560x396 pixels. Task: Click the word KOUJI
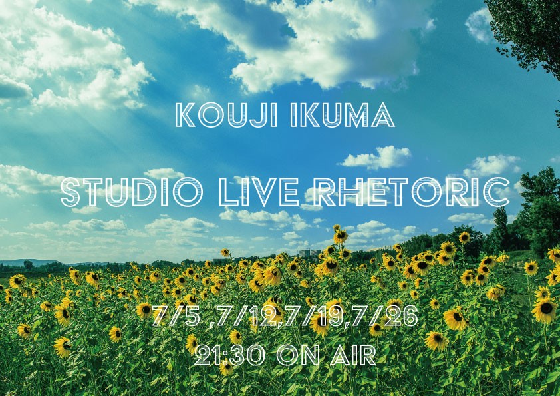pyautogui.click(x=227, y=115)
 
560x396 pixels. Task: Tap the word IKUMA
pyautogui.click(x=343, y=115)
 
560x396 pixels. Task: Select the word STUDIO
pyautogui.click(x=132, y=192)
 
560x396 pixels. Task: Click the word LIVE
pyautogui.click(x=259, y=192)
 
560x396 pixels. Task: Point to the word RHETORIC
pyautogui.click(x=411, y=192)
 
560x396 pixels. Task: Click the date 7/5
pyautogui.click(x=176, y=316)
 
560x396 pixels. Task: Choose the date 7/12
pyautogui.click(x=246, y=316)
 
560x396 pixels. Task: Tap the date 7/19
pyautogui.click(x=312, y=316)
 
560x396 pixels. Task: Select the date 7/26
pyautogui.click(x=385, y=316)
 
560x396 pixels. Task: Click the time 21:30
pyautogui.click(x=229, y=355)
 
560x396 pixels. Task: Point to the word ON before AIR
pyautogui.click(x=298, y=355)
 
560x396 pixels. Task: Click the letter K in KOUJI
pyautogui.click(x=186, y=115)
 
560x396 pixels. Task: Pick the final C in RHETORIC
pyautogui.click(x=496, y=192)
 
